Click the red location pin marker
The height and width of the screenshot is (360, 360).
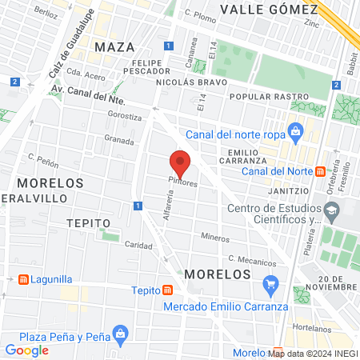(181, 163)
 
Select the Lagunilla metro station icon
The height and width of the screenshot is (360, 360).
(23, 280)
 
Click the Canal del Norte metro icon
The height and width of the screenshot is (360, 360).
(320, 170)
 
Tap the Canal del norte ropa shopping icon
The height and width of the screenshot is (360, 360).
(295, 130)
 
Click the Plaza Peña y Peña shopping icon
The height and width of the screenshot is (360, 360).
(120, 332)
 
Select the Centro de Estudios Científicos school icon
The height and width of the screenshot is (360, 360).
(330, 210)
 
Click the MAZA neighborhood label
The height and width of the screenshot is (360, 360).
(110, 47)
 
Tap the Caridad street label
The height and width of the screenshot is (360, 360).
(139, 246)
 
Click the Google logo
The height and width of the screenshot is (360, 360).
(26, 350)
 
